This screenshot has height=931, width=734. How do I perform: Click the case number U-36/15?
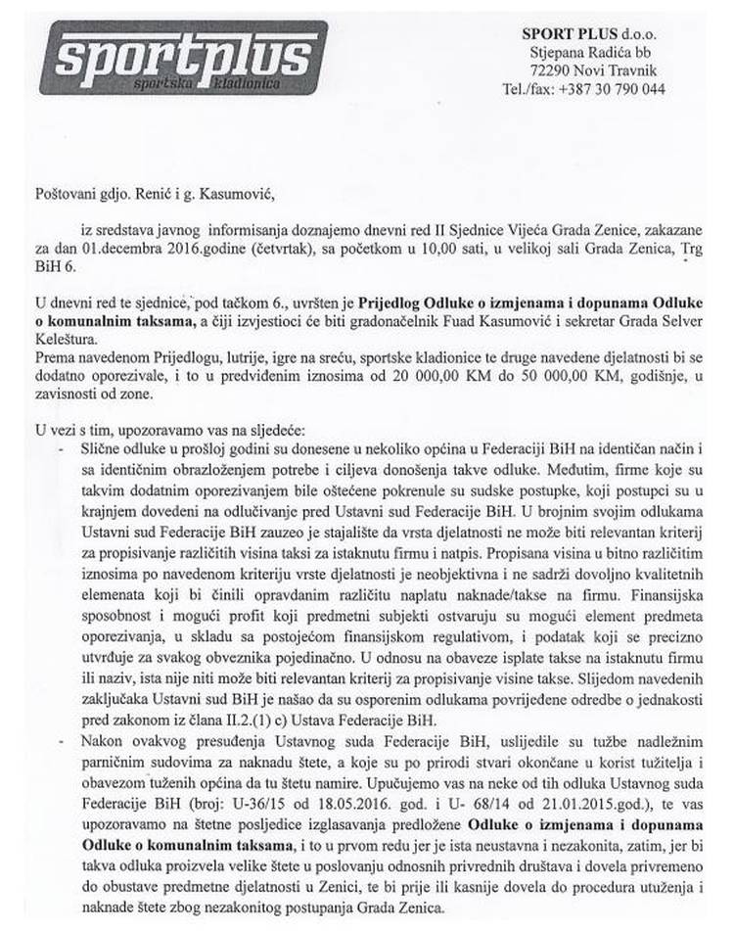click(251, 797)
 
